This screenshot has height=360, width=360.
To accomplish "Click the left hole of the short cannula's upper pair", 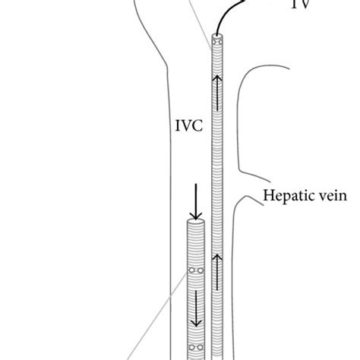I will tap(192, 270).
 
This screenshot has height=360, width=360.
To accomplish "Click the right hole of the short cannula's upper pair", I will tap(201, 270).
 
